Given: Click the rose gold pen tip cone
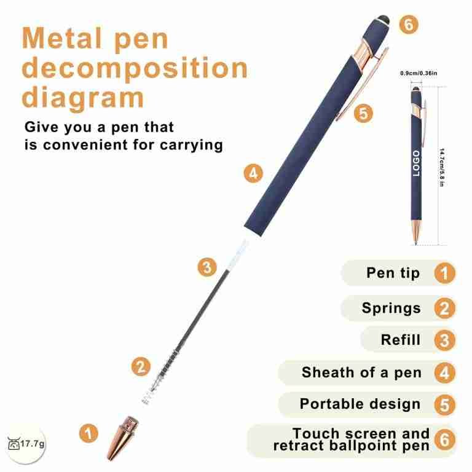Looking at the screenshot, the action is pyautogui.click(x=122, y=438).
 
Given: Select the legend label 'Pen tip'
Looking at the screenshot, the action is pyautogui.click(x=393, y=273).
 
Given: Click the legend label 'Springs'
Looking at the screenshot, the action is pyautogui.click(x=391, y=309).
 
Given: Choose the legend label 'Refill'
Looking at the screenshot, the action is pyautogui.click(x=400, y=340).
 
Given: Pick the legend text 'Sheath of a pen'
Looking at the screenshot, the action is pyautogui.click(x=361, y=372).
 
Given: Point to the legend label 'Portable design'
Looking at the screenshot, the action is pyautogui.click(x=360, y=404).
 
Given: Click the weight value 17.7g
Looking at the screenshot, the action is pyautogui.click(x=33, y=444).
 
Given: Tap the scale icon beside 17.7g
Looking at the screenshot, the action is pyautogui.click(x=14, y=444).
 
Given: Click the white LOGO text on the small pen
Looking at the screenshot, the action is pyautogui.click(x=416, y=163).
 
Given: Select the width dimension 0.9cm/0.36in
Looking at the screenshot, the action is pyautogui.click(x=419, y=73).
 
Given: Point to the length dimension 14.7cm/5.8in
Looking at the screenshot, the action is pyautogui.click(x=442, y=167).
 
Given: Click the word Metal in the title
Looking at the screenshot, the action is pyautogui.click(x=61, y=38).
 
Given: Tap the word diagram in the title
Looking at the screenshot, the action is pyautogui.click(x=83, y=97).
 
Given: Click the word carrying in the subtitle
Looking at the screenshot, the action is pyautogui.click(x=192, y=146).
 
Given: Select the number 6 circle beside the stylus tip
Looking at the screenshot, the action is pyautogui.click(x=409, y=25).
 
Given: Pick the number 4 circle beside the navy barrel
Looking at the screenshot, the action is pyautogui.click(x=253, y=173).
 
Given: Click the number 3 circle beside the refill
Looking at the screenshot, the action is pyautogui.click(x=207, y=267).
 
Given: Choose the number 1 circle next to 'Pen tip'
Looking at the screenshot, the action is pyautogui.click(x=444, y=273).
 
